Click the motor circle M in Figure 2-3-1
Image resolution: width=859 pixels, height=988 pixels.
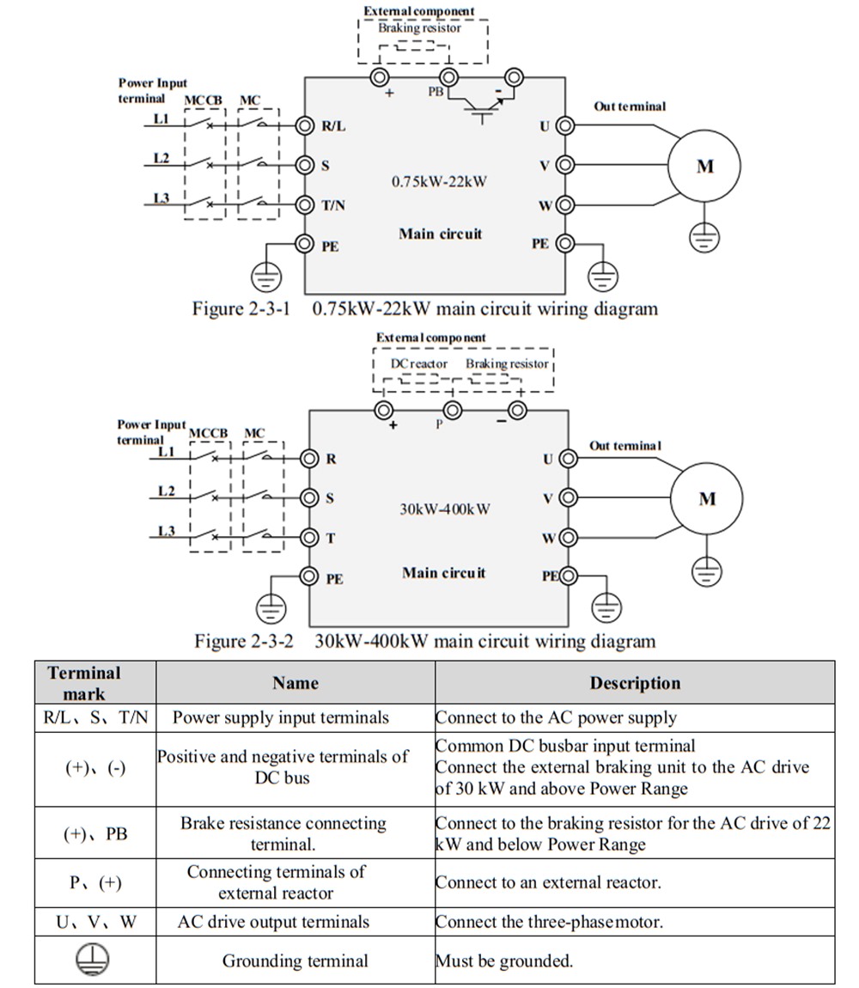click(x=704, y=167)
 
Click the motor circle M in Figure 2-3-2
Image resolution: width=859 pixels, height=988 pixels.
click(x=707, y=499)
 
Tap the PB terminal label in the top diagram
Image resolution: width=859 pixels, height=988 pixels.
click(x=436, y=91)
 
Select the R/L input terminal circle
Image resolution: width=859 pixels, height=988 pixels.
click(x=305, y=125)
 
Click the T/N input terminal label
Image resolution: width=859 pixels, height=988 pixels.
click(x=333, y=205)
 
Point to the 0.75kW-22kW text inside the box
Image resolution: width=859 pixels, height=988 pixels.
click(x=439, y=181)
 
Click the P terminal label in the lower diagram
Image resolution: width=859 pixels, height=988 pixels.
click(x=438, y=424)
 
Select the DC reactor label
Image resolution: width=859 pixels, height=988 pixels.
click(x=419, y=363)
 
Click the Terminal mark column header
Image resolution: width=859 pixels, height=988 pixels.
click(x=84, y=683)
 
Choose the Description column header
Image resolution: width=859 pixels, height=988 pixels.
click(x=634, y=683)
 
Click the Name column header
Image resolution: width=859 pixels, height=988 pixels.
click(x=295, y=683)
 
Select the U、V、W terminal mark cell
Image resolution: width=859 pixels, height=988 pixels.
click(x=95, y=922)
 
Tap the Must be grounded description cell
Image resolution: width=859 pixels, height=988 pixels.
click(x=504, y=961)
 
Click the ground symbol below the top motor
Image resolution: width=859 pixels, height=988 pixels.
click(x=704, y=236)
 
